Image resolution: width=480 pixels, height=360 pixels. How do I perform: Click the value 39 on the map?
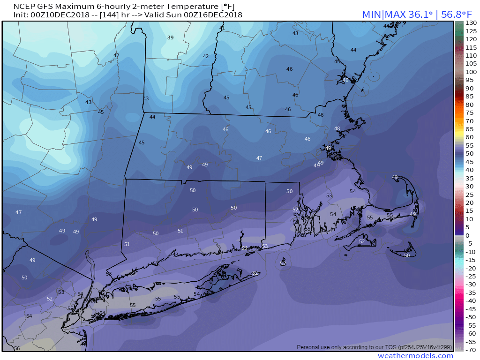pyautogui.click(x=170, y=38)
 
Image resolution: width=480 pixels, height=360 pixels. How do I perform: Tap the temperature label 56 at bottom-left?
pyautogui.click(x=17, y=348)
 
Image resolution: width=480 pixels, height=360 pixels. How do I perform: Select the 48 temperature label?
pyautogui.click(x=337, y=128)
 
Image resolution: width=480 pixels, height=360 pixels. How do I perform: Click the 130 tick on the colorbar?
pyautogui.click(x=471, y=23)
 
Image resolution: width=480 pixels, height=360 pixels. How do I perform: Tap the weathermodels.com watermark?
pyautogui.click(x=415, y=356)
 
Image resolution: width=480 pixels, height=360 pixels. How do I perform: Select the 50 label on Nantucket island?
pyautogui.click(x=407, y=255)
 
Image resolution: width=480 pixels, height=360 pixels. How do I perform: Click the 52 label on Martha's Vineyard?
pyautogui.click(x=362, y=241)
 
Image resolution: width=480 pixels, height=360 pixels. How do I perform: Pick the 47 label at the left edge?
pyautogui.click(x=19, y=212)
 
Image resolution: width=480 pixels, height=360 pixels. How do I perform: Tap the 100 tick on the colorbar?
pyautogui.click(x=471, y=72)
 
